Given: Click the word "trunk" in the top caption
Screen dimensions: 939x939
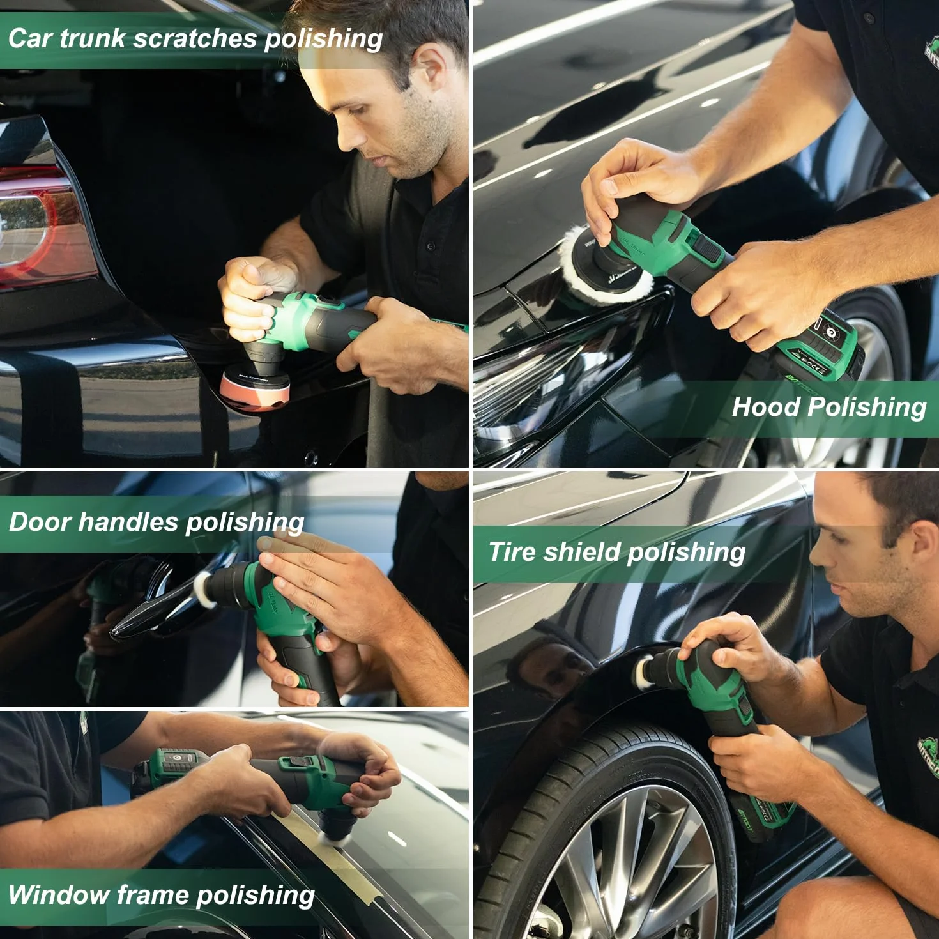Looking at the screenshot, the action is point(93,38).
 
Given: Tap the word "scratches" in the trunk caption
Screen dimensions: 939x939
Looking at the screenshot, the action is point(195,38).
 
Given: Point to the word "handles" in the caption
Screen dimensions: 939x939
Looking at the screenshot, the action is point(128,521).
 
